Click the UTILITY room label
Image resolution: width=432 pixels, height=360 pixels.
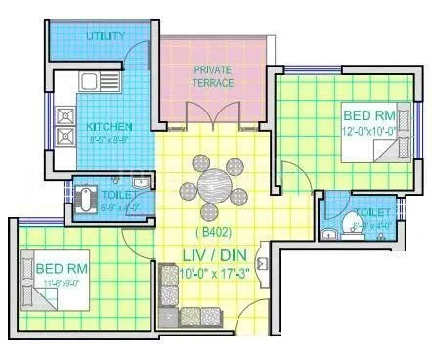click(105, 36)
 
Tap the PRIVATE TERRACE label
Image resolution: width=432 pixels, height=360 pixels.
click(213, 76)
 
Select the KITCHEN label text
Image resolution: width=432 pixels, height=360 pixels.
click(109, 127)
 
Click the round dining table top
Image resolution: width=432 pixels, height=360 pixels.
click(213, 184)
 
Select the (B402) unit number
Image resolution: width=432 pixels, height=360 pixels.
click(212, 233)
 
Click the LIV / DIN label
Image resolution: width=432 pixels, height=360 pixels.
click(212, 253)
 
